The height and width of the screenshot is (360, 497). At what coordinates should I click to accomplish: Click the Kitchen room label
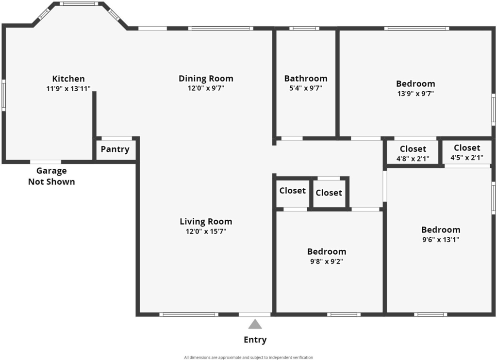tap(68, 79)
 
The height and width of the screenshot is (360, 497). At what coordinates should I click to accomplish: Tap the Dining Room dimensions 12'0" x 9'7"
tap(206, 88)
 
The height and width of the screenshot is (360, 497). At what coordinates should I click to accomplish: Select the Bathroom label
tap(306, 78)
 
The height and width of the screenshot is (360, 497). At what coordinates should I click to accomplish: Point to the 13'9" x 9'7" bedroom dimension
tap(415, 94)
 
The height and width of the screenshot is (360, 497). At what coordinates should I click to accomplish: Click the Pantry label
tap(115, 149)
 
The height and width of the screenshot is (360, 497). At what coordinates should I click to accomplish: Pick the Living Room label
tap(206, 222)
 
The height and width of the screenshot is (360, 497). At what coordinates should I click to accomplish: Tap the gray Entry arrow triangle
tap(255, 324)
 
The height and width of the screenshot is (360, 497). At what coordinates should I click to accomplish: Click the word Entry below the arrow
tap(255, 340)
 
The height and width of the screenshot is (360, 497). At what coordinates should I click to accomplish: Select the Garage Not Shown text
tap(51, 176)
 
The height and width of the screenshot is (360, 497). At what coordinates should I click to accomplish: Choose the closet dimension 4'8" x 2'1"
tap(413, 159)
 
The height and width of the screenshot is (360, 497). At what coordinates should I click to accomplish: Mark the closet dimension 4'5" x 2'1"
tap(467, 158)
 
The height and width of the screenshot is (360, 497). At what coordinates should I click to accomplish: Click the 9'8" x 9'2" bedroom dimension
tap(327, 262)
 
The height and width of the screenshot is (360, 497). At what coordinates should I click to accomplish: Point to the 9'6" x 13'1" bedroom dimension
tap(441, 240)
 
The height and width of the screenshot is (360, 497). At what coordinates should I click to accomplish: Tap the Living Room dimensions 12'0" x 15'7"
tap(206, 231)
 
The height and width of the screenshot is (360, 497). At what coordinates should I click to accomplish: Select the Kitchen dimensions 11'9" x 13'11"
tap(68, 88)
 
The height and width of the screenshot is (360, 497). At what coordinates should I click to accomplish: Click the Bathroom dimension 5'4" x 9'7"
tap(306, 88)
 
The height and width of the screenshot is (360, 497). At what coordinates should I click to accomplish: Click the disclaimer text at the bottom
tap(248, 358)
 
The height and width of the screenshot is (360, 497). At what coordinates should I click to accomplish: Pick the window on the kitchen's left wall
tap(4, 95)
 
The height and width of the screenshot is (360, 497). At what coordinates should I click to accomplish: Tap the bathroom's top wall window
tap(304, 29)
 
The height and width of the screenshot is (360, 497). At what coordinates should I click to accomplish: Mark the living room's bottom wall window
tap(189, 314)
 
